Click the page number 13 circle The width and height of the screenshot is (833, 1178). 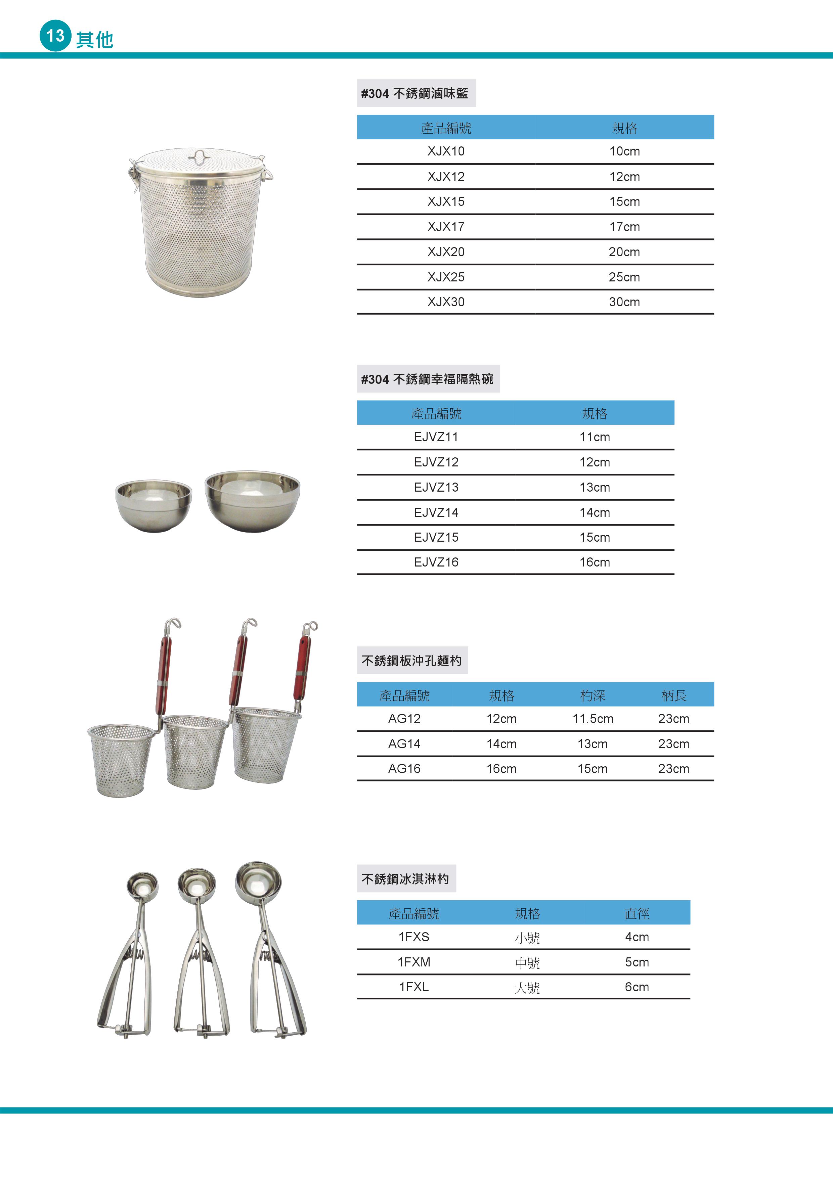[x=55, y=35]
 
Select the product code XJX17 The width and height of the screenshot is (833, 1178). [x=445, y=227]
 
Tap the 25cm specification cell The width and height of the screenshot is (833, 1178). [x=624, y=277]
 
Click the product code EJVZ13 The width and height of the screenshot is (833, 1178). [x=436, y=487]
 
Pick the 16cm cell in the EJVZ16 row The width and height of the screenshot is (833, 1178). [x=594, y=562]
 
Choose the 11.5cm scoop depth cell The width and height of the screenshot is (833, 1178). [x=593, y=719]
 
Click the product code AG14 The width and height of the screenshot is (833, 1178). [x=404, y=744]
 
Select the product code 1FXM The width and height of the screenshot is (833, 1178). [x=414, y=962]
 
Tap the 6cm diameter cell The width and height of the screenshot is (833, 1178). [x=637, y=987]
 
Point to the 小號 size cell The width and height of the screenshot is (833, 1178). [x=527, y=938]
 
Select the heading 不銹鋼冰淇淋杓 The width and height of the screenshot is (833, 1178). [x=405, y=879]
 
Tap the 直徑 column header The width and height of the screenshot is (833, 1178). [x=637, y=913]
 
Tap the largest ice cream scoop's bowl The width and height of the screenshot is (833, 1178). [x=258, y=883]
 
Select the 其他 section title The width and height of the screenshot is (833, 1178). [x=94, y=40]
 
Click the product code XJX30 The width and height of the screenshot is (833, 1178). [x=445, y=302]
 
